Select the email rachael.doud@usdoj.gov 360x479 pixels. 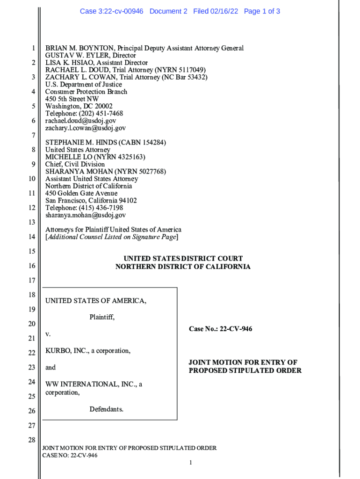[80, 121]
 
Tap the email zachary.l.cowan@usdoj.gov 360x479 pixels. [86, 128]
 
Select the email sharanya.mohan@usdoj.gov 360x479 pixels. [86, 215]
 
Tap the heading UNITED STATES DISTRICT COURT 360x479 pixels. [183, 259]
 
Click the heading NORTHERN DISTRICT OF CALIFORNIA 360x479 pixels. [183, 267]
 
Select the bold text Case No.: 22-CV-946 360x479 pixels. [220, 329]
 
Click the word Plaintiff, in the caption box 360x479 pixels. [102, 317]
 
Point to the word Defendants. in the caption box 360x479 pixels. [107, 409]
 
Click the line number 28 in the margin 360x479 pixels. [32, 440]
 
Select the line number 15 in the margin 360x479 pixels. [32, 252]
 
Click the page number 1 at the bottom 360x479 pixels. [191, 463]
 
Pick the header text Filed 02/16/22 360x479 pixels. [216, 11]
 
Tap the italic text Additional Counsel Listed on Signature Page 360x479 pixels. [111, 237]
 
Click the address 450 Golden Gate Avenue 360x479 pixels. [81, 193]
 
